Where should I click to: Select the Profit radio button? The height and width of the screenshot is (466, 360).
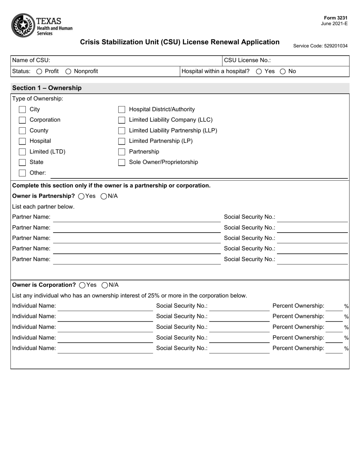(x=39, y=71)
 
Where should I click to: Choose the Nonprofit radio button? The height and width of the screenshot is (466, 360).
(x=68, y=71)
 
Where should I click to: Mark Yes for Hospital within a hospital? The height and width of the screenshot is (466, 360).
(x=259, y=71)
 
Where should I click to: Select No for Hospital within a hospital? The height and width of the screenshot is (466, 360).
(x=283, y=71)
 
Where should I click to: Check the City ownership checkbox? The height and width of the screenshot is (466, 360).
(x=22, y=109)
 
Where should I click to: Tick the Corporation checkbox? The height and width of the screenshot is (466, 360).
(x=22, y=120)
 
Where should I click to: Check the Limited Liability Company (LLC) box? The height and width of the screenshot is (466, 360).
(x=122, y=120)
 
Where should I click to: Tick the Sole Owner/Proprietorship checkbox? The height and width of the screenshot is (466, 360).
(x=122, y=163)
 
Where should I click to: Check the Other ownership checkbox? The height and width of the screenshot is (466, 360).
(x=22, y=173)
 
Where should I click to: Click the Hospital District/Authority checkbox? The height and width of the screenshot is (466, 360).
(x=122, y=109)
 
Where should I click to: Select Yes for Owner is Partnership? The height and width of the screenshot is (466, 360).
(x=81, y=196)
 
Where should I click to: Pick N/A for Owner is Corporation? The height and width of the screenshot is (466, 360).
(x=105, y=285)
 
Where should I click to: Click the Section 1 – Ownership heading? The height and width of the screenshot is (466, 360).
(x=47, y=88)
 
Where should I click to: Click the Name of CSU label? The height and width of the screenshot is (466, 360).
(x=31, y=60)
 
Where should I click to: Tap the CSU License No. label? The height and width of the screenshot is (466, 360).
(x=247, y=60)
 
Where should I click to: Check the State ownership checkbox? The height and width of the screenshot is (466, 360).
(x=22, y=163)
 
